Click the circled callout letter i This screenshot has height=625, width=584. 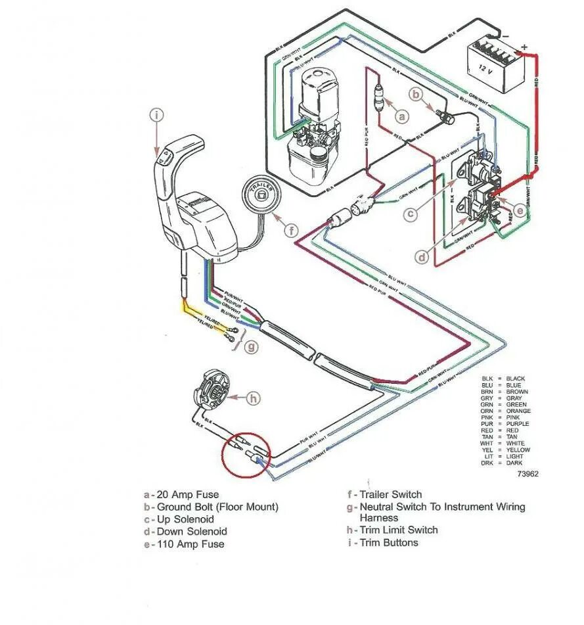pyautogui.click(x=156, y=116)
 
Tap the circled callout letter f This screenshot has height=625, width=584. pyautogui.click(x=291, y=230)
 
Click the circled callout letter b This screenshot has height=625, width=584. pyautogui.click(x=415, y=95)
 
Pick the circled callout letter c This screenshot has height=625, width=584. pyautogui.click(x=410, y=214)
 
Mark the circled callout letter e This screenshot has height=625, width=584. pyautogui.click(x=519, y=210)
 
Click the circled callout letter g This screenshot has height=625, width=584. pyautogui.click(x=251, y=346)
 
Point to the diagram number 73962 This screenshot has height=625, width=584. pyautogui.click(x=528, y=473)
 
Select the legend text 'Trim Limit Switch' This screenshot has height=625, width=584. pyautogui.click(x=399, y=530)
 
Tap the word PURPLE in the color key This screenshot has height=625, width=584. pyautogui.click(x=517, y=424)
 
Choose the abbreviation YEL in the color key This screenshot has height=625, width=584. pyautogui.click(x=487, y=450)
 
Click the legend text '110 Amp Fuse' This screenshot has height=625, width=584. pyautogui.click(x=190, y=544)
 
